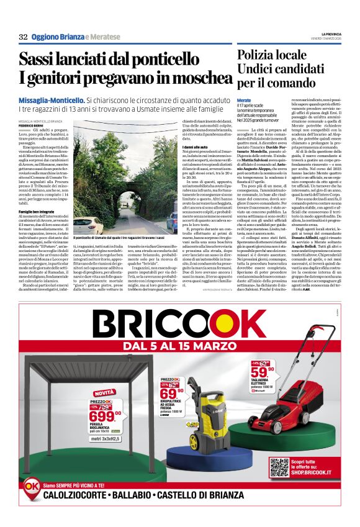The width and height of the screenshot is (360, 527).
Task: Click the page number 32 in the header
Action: (x=23, y=37)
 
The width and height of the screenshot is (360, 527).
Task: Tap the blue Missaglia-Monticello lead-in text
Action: (x=53, y=99)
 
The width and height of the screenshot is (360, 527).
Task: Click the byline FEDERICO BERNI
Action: (x=31, y=126)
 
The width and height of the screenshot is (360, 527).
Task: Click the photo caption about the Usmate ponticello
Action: (x=118, y=238)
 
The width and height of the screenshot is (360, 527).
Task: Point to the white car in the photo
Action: (x=87, y=225)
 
